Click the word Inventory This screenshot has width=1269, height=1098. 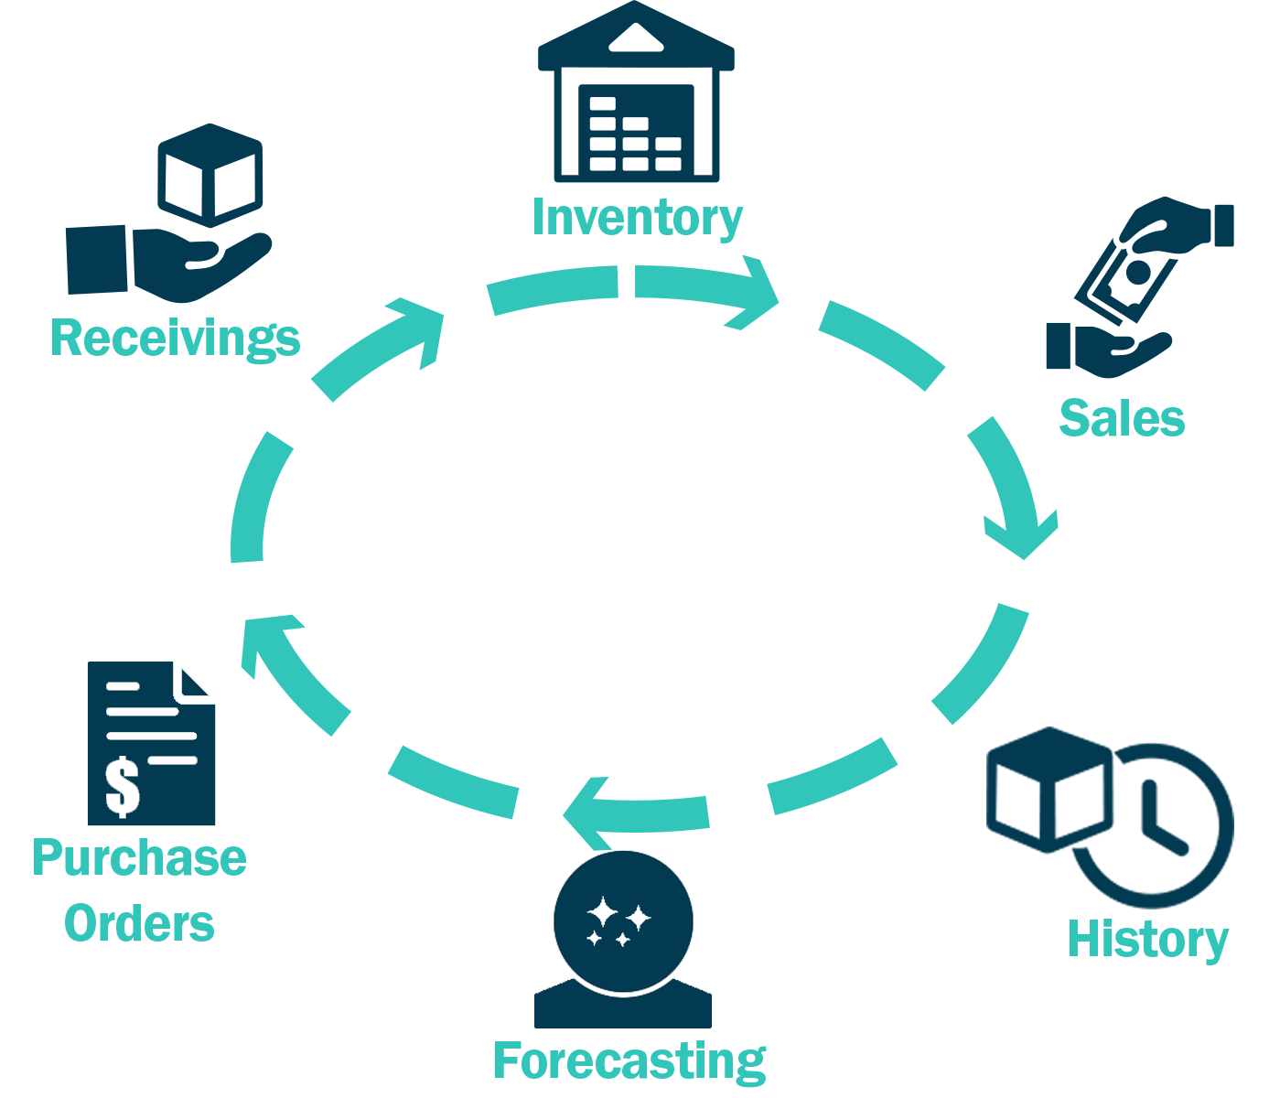pos(637,218)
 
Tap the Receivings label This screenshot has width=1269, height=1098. pos(175,338)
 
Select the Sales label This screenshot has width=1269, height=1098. pos(1122,418)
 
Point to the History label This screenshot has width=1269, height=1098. pos(1147,940)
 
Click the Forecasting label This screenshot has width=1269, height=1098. pos(629,1061)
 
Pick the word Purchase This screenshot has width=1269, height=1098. pos(139,858)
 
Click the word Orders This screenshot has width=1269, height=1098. pos(139,923)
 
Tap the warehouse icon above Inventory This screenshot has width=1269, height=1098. pos(636,101)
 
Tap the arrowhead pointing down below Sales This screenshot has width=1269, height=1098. pos(1023,535)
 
